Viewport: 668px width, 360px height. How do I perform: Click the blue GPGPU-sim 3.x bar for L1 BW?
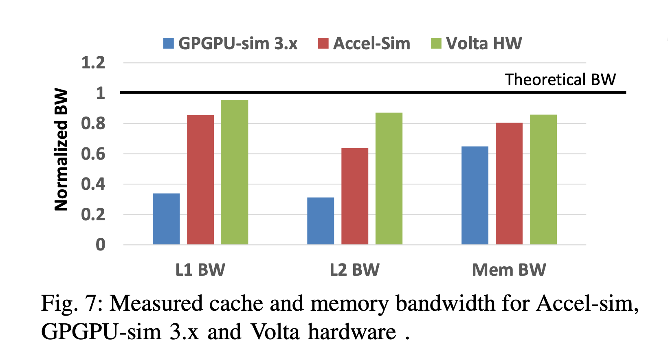[x=166, y=219]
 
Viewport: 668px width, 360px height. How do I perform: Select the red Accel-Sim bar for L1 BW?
[x=200, y=180]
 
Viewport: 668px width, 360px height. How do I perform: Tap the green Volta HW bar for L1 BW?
[x=235, y=172]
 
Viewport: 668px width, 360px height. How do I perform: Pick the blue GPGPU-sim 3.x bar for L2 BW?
[x=321, y=221]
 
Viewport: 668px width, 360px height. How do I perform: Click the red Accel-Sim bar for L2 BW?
[x=355, y=196]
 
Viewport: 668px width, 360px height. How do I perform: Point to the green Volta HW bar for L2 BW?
[x=389, y=179]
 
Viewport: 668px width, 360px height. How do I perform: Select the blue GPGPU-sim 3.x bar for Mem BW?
[x=475, y=195]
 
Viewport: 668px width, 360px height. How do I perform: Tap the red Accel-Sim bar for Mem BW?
[x=509, y=184]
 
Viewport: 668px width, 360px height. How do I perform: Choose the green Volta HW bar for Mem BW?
[x=543, y=180]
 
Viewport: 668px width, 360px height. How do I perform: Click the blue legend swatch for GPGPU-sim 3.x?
[x=168, y=44]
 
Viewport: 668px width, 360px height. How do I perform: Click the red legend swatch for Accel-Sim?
[x=323, y=44]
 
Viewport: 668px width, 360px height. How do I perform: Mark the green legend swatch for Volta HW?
[x=436, y=44]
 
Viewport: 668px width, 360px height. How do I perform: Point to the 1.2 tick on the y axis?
[x=93, y=63]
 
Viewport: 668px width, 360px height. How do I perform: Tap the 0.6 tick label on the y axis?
[x=93, y=154]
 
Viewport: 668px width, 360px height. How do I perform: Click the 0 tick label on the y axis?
[x=100, y=245]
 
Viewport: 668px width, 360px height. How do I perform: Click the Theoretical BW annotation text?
[x=560, y=79]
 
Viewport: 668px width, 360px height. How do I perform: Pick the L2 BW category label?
[x=355, y=270]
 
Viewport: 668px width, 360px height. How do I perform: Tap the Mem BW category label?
[x=509, y=270]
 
